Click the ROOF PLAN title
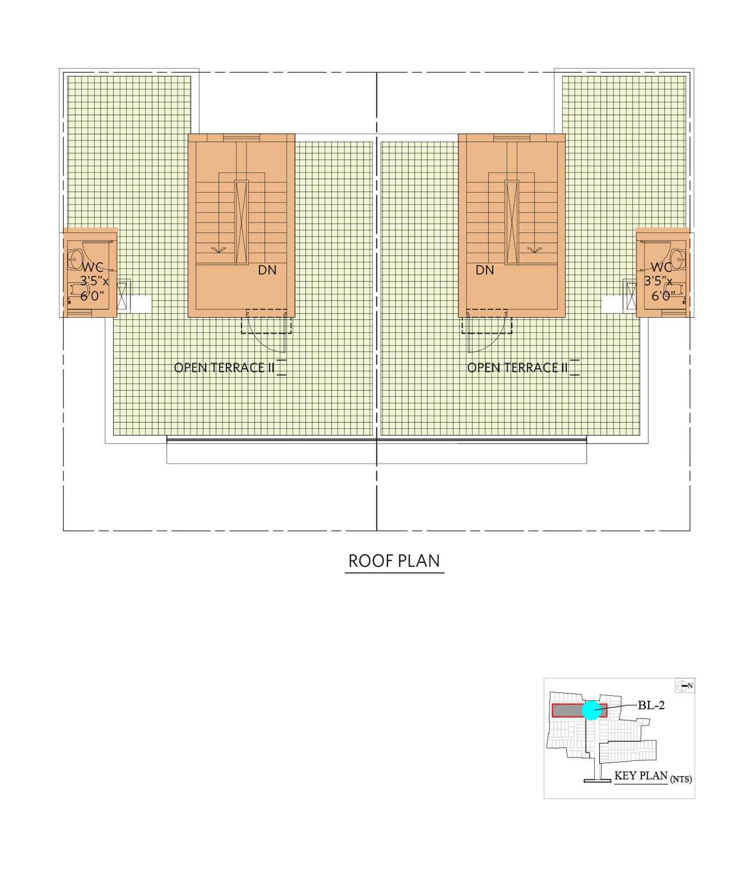[x=394, y=561]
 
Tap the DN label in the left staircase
[x=267, y=270]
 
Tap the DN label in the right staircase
[x=485, y=270]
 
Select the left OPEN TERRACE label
[x=224, y=368]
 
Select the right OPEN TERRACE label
[x=517, y=368]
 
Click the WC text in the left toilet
[x=92, y=267]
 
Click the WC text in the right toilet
[x=661, y=267]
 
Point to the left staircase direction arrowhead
[x=218, y=250]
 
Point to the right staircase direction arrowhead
[x=534, y=250]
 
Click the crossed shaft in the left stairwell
[x=242, y=222]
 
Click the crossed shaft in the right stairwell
[x=512, y=222]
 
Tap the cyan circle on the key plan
[x=592, y=710]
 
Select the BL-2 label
[x=651, y=705]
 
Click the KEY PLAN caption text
[x=641, y=775]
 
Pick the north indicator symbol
[x=684, y=686]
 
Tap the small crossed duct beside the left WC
[x=121, y=296]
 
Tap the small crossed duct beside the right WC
[x=631, y=296]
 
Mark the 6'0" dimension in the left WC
[x=92, y=296]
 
